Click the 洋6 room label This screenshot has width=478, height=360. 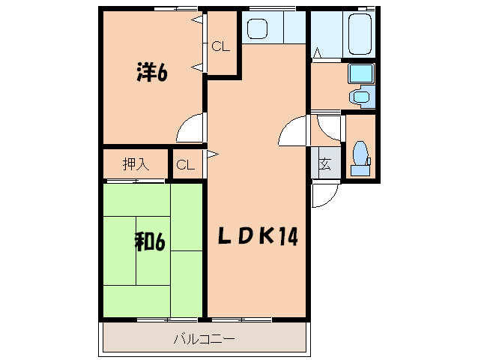pos(150,72)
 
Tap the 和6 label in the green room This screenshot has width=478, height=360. pos(149,241)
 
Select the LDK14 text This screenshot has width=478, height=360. pos(258,237)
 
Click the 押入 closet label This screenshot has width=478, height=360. pos(135,164)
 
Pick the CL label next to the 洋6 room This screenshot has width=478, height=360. pos(221,46)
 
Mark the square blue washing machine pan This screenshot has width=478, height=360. pos(361,73)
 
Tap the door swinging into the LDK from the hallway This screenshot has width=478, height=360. pos(292,133)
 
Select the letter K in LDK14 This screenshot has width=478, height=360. pos(266,237)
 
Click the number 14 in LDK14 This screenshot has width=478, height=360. pos(289,237)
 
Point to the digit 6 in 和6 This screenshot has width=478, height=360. pos(159,241)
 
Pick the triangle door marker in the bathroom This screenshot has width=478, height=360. pos(318,54)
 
